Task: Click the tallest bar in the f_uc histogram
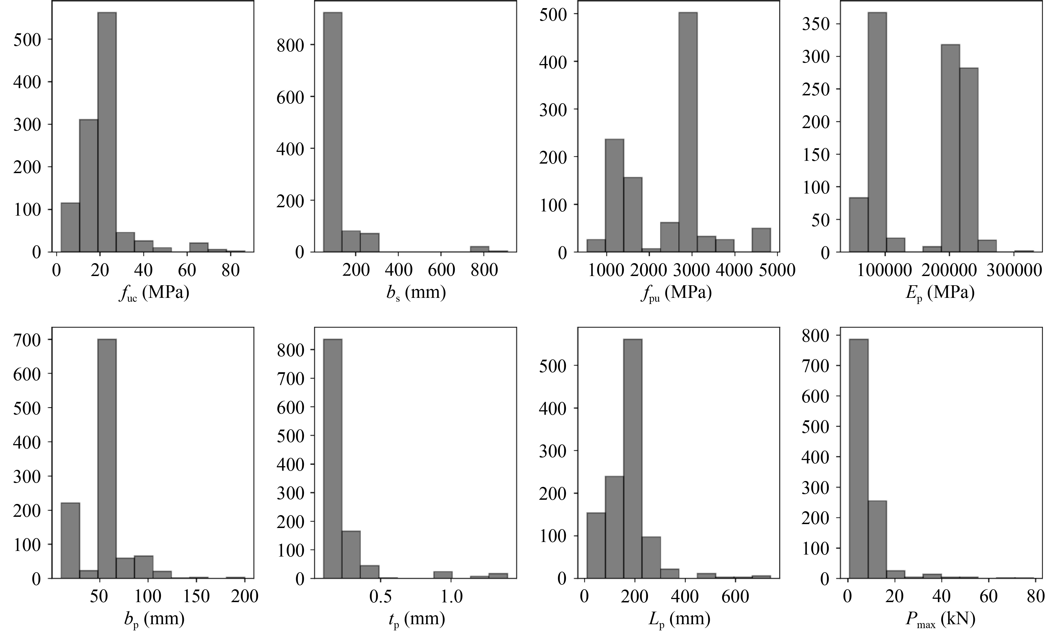coord(107,133)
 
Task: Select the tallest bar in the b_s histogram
coord(333,133)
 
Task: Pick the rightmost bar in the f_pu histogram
coord(761,241)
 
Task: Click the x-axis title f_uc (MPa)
coord(154,293)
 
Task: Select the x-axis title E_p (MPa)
coord(940,293)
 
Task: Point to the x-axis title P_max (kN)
coord(940,619)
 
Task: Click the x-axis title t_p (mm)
coord(417,619)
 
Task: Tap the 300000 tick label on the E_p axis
coord(1014,270)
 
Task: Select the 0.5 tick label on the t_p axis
coord(380,597)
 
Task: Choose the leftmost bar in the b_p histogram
coord(70,540)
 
